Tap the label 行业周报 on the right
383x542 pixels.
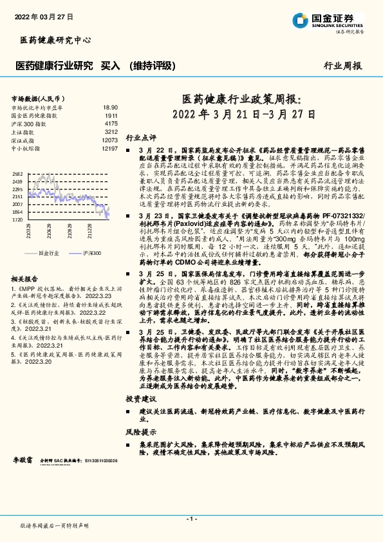click(342, 66)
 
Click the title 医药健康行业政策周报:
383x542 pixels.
click(241, 100)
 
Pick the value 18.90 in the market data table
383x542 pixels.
click(110, 108)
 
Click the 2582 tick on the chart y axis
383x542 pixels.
click(17, 174)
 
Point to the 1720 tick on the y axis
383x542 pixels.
click(17, 220)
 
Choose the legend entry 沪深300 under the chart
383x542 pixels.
click(92, 253)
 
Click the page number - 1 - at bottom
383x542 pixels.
click(191, 519)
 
